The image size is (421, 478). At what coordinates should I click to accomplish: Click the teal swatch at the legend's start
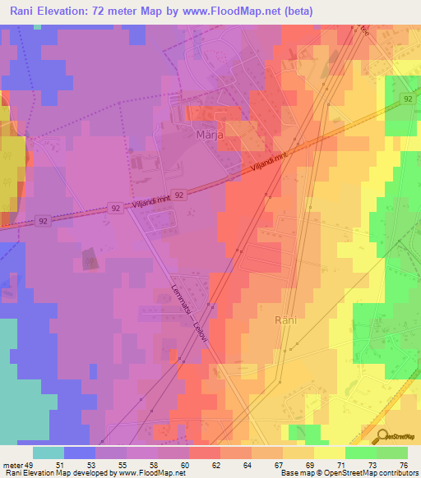[49, 453]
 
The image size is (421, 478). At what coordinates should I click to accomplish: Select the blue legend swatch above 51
[80, 453]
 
